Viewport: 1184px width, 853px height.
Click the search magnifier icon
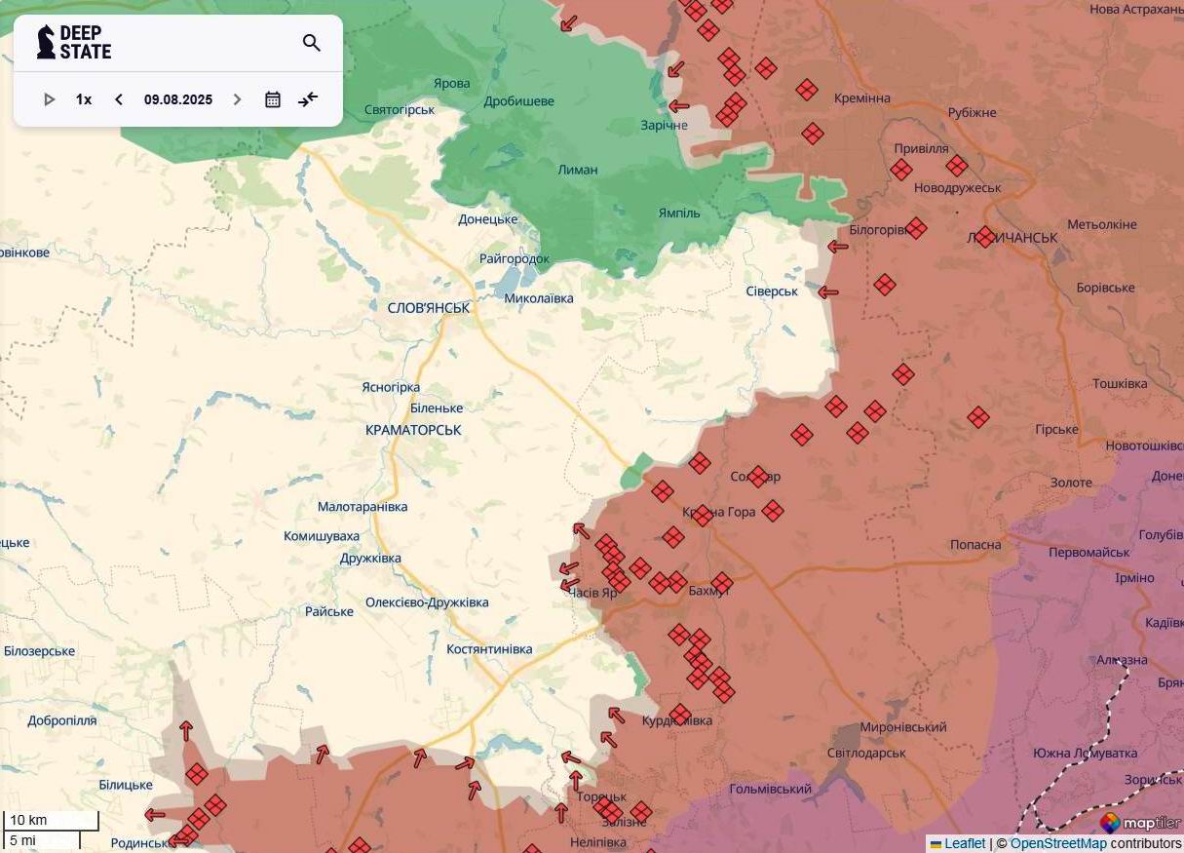point(312,43)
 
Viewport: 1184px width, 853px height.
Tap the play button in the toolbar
point(50,99)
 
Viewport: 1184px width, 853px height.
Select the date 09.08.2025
point(177,99)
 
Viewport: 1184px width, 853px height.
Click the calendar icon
point(273,99)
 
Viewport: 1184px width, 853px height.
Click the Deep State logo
point(74,42)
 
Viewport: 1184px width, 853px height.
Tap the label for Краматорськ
point(413,430)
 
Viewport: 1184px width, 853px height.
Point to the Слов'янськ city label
point(429,308)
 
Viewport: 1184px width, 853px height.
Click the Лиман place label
point(578,170)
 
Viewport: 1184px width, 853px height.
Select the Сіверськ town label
point(772,291)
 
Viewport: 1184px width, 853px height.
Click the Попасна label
point(975,545)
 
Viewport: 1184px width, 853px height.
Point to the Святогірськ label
point(400,110)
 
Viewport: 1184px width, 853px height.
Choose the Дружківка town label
point(370,559)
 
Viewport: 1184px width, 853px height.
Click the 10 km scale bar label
point(28,820)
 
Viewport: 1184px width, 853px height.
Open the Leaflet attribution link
point(965,843)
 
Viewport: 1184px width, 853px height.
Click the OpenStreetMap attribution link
point(1058,843)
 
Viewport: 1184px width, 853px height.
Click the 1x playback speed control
point(84,99)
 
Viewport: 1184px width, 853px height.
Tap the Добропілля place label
point(62,721)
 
